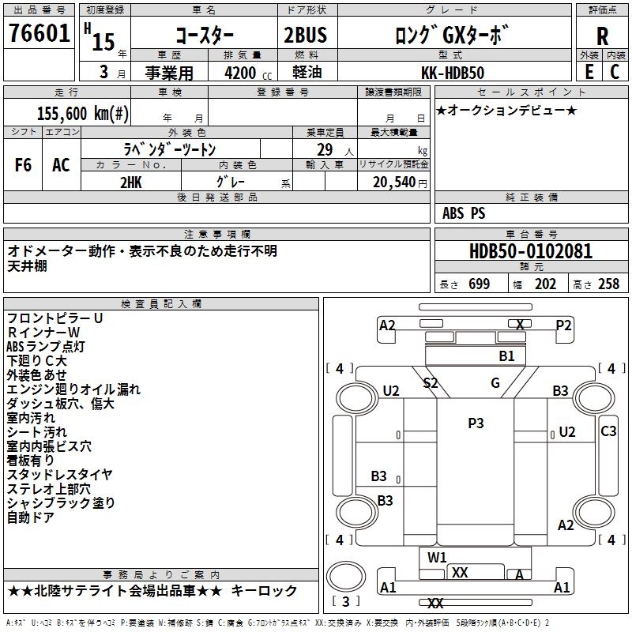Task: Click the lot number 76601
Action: (x=39, y=35)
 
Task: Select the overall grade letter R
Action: (x=602, y=36)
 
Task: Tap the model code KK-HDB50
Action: (x=447, y=73)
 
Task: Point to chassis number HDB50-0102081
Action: (x=530, y=252)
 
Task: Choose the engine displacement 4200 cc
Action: (x=240, y=73)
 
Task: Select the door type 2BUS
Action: (x=305, y=36)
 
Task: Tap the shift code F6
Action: (x=24, y=165)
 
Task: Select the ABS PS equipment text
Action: (x=464, y=213)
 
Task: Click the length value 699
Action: (x=480, y=284)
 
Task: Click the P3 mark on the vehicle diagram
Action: (x=476, y=423)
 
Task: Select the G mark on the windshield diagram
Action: (x=495, y=383)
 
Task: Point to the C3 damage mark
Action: (x=608, y=431)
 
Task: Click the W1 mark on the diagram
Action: (x=438, y=558)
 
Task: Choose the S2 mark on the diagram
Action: (x=431, y=383)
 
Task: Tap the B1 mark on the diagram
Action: (x=506, y=356)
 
